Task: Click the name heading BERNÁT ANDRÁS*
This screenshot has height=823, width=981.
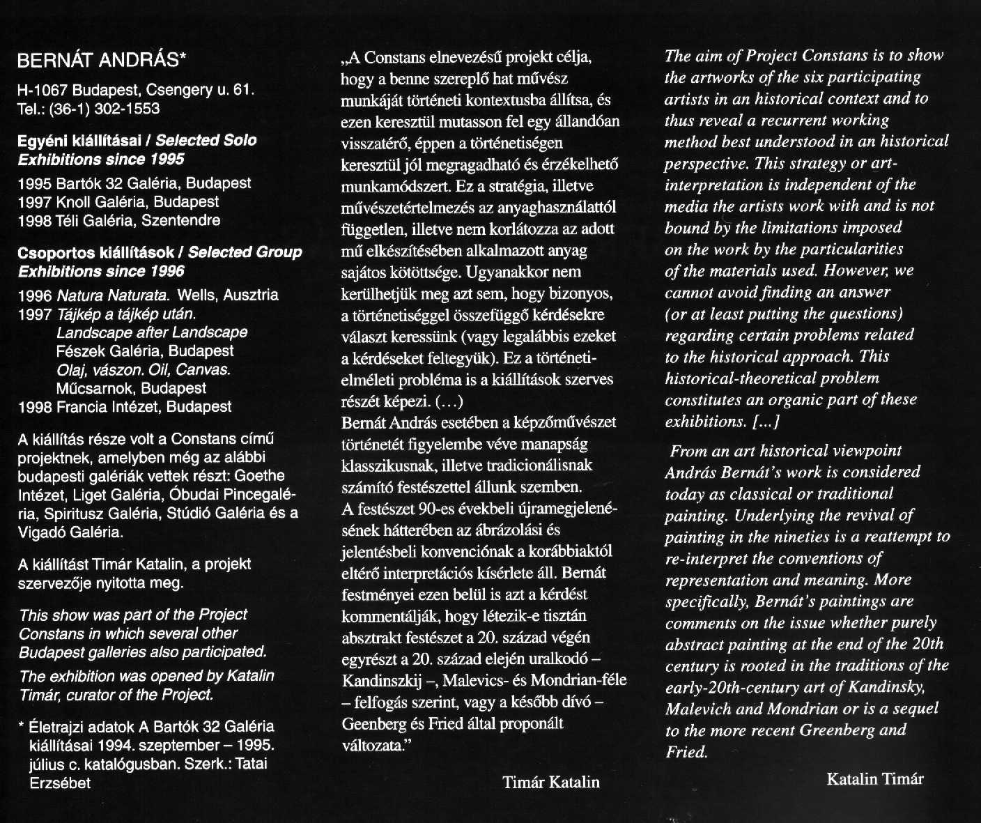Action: tap(102, 61)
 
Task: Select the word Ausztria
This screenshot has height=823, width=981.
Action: tap(251, 295)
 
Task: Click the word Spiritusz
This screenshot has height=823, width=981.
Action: tap(77, 514)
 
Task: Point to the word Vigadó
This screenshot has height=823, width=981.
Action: tap(43, 532)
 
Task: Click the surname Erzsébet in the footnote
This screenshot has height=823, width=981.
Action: tap(60, 783)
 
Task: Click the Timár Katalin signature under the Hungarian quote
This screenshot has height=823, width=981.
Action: tap(550, 782)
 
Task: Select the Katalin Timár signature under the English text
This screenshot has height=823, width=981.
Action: tap(874, 778)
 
